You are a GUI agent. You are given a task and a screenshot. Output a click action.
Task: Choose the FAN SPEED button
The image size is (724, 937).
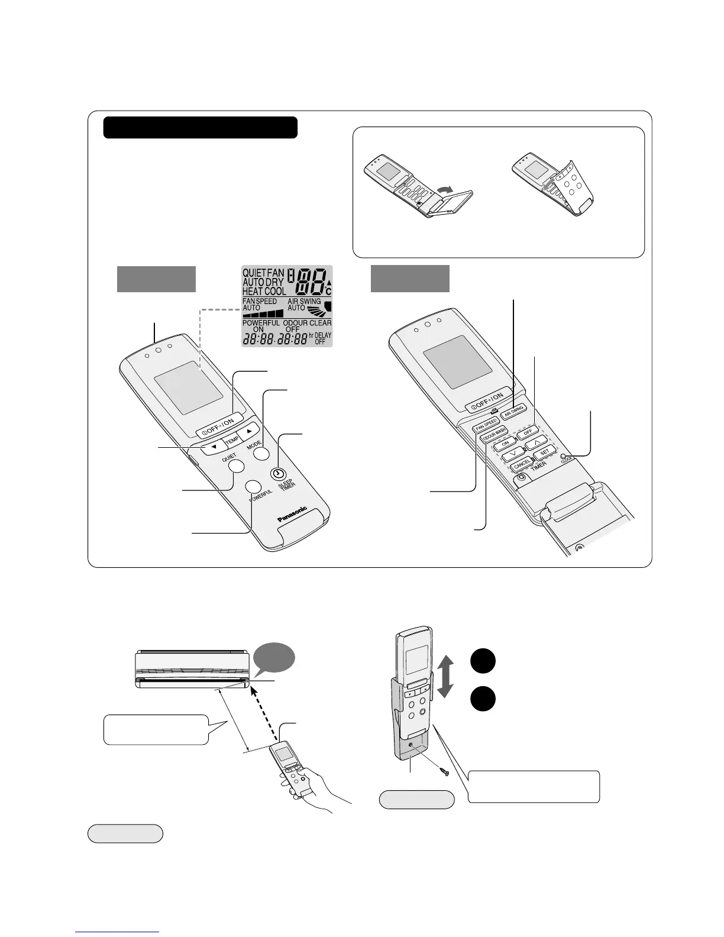[x=486, y=425]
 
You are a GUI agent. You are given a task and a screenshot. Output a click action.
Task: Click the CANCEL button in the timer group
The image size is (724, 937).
[x=522, y=466]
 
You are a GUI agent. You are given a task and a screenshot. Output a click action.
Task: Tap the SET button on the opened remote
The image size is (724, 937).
[x=544, y=453]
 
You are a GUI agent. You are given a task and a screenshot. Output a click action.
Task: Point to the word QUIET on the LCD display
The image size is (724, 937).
[x=254, y=273]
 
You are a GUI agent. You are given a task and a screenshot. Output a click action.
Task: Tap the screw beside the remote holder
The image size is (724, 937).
[x=444, y=771]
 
